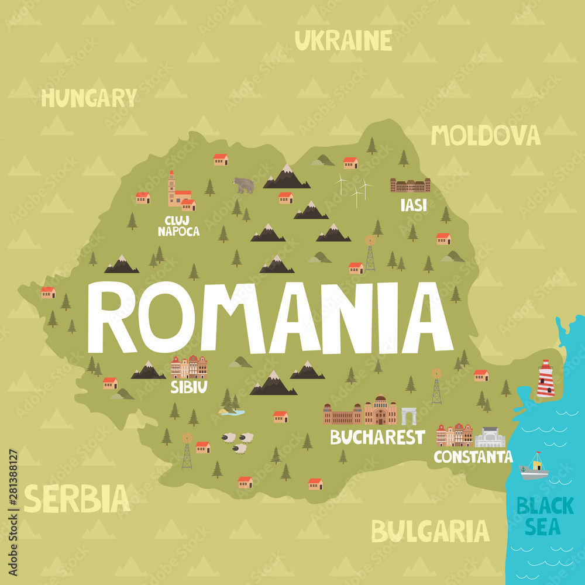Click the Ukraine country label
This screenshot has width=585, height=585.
[343, 40]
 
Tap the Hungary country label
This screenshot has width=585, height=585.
[89, 98]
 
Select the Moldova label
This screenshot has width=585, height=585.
[486, 135]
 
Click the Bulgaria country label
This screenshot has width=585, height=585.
[430, 531]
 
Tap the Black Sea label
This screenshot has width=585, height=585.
[538, 515]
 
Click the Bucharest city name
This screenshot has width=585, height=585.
[377, 436]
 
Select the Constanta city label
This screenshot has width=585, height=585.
[473, 456]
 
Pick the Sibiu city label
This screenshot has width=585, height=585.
[189, 387]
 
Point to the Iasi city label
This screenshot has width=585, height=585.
[413, 204]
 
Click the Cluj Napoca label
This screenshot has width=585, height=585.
[178, 226]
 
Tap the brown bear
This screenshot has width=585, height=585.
[244, 185]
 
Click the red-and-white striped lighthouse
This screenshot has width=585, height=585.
[545, 379]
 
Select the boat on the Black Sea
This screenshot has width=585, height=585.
[534, 467]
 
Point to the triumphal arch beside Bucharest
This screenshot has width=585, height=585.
[408, 416]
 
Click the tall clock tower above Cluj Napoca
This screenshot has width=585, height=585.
[171, 187]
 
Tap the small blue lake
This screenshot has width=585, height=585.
[232, 412]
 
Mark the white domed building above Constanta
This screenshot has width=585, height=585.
[490, 438]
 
